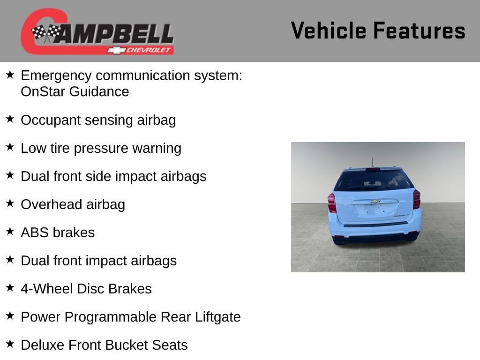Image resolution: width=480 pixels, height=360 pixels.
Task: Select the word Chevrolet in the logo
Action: pyautogui.click(x=148, y=50)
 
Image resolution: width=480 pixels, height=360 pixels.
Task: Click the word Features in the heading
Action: pyautogui.click(x=419, y=30)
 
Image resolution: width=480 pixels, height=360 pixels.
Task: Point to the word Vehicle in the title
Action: pyautogui.click(x=329, y=30)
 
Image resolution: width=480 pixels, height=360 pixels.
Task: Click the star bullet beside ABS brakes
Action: pyautogui.click(x=10, y=231)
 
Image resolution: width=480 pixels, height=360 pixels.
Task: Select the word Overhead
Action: pyautogui.click(x=51, y=204)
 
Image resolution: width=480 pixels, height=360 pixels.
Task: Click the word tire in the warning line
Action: pyautogui.click(x=60, y=148)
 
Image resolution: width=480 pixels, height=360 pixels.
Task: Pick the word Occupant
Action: pyautogui.click(x=51, y=120)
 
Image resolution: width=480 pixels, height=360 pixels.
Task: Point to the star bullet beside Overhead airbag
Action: pyautogui.click(x=10, y=203)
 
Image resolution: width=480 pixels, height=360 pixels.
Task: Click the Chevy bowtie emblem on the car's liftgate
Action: pyautogui.click(x=375, y=202)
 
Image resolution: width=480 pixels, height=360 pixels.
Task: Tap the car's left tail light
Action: pyautogui.click(x=332, y=203)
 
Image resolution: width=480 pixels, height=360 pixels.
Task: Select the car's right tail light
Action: pyautogui.click(x=417, y=199)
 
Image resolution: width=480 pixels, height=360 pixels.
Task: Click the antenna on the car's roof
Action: pyautogui.click(x=373, y=162)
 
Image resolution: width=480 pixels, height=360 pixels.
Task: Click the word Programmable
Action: pyautogui.click(x=112, y=317)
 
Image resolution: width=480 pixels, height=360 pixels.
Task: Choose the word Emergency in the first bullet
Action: pyautogui.click(x=56, y=75)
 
